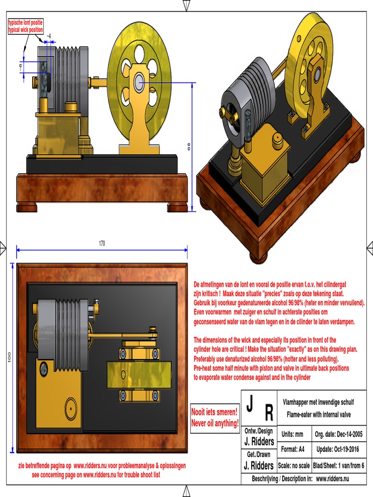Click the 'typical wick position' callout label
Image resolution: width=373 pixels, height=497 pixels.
[x=25, y=26]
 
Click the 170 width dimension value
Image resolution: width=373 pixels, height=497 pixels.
[x=102, y=244]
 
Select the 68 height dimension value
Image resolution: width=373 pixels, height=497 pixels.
[x=188, y=147]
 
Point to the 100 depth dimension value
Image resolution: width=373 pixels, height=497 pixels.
[x=9, y=357]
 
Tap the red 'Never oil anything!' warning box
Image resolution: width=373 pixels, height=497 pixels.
[x=215, y=418]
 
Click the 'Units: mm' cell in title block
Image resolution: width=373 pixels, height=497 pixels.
[x=292, y=434]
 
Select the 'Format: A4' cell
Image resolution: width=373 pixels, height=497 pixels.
[x=292, y=449]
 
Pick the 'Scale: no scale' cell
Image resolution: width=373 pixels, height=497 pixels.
[x=294, y=465]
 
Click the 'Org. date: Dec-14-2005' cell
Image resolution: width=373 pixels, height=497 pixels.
[x=338, y=434]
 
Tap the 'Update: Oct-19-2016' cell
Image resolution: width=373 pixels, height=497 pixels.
[x=338, y=449]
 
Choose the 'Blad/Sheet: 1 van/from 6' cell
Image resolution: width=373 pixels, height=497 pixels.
[x=339, y=465]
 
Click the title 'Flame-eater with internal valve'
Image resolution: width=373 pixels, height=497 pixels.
[x=319, y=414]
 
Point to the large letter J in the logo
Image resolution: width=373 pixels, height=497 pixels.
[x=250, y=403]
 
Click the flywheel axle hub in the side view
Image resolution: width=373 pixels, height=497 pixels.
[x=138, y=82]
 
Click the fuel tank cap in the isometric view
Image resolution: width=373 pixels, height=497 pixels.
[x=278, y=139]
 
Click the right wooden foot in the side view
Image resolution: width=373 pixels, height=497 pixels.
[x=177, y=207]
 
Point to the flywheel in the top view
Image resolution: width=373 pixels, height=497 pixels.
[x=139, y=375]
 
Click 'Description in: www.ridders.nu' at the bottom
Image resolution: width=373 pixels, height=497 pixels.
[x=300, y=479]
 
